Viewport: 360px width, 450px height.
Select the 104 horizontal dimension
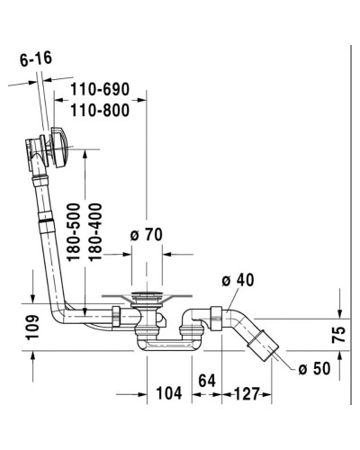(166, 393)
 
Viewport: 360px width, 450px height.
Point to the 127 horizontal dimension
(249, 393)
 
